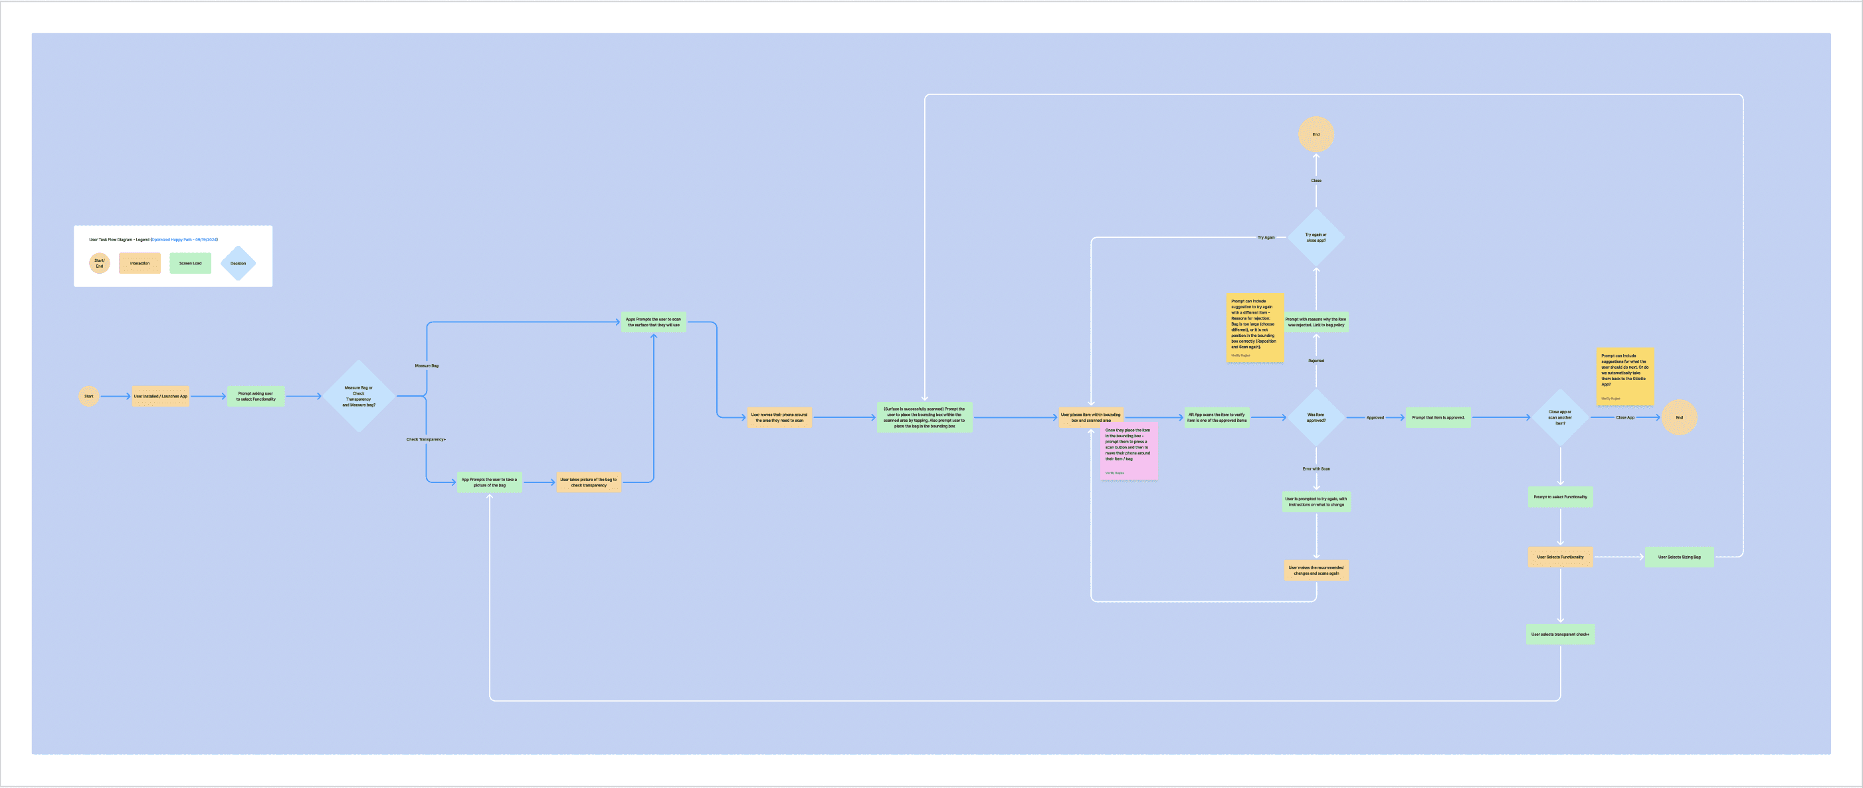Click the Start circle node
[89, 396]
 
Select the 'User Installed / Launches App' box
[161, 396]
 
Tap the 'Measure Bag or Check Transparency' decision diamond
[359, 396]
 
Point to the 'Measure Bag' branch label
[427, 366]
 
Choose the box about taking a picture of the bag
[490, 482]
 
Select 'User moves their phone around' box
[779, 418]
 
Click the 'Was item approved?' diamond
[1316, 418]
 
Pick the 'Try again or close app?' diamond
[1316, 237]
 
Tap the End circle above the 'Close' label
[1316, 134]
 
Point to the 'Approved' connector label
[1375, 418]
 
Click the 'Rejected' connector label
[1316, 361]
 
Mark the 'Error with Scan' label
[1316, 469]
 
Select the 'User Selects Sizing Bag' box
[1680, 557]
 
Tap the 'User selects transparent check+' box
[1560, 635]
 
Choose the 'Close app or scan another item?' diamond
[1560, 418]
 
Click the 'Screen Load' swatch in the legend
[190, 263]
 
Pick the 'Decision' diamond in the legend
[238, 263]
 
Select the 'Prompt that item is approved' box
[1438, 418]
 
